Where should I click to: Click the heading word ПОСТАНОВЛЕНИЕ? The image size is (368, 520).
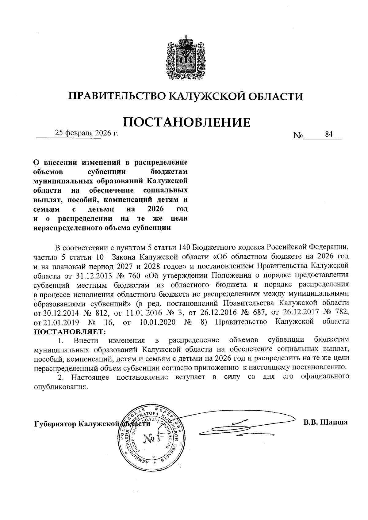[186, 122]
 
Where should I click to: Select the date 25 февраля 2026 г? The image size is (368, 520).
[86, 133]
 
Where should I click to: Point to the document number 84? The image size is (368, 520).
[329, 134]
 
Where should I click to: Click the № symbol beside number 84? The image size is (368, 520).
[298, 135]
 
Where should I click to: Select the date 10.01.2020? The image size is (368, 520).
[157, 322]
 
